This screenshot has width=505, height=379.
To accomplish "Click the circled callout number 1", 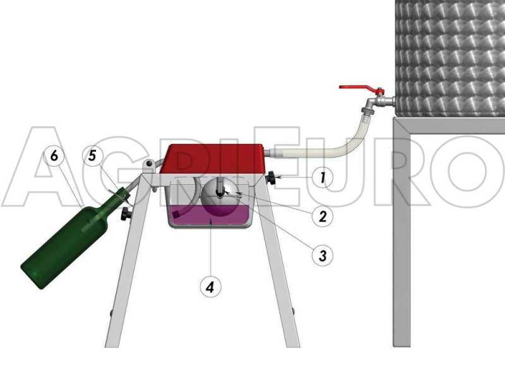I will (x=323, y=178).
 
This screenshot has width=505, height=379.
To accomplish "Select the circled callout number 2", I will (x=323, y=217).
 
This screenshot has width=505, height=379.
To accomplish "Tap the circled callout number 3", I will (x=323, y=255).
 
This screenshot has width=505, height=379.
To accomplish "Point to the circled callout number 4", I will (x=211, y=287).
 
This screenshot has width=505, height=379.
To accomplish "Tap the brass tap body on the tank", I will (x=377, y=101).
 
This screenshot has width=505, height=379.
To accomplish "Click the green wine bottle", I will (x=63, y=243).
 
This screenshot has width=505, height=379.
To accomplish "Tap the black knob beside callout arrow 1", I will (x=272, y=179).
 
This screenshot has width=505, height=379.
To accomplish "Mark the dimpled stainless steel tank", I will (x=449, y=57).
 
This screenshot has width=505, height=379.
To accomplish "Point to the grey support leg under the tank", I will (x=401, y=240).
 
